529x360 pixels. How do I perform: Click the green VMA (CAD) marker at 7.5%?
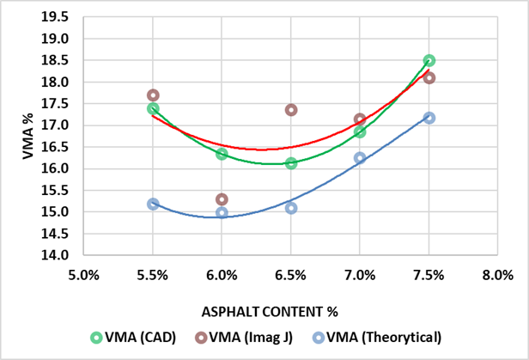429,60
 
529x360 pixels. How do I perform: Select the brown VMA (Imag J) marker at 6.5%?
291,110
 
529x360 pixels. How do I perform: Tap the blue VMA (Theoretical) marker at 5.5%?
153,204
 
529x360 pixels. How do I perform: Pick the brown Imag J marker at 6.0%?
222,199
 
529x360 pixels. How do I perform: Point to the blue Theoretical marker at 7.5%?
429,118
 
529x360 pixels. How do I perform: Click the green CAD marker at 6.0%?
222,154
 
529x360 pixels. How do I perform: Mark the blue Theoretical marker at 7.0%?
360,158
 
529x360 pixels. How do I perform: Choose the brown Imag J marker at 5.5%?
153,95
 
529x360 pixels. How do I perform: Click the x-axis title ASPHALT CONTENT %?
276,312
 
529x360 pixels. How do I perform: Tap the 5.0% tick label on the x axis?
84,275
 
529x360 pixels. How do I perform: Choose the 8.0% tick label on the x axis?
498,275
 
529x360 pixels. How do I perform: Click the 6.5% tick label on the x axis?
291,275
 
